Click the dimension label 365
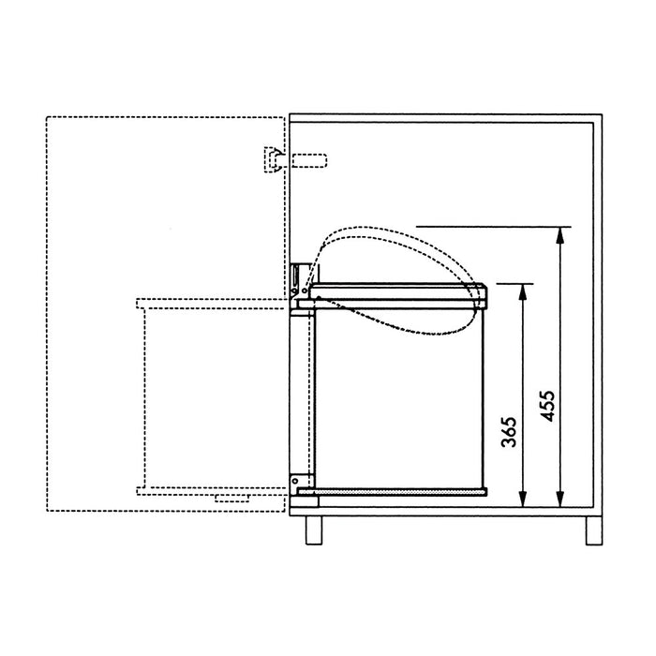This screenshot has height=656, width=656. [x=509, y=432]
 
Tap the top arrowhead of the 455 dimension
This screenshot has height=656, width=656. [x=560, y=235]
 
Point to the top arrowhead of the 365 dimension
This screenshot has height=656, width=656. [x=522, y=292]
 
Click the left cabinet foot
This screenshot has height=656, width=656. [x=314, y=530]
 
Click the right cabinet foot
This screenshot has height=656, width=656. [x=593, y=530]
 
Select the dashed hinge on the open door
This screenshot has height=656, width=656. [x=274, y=160]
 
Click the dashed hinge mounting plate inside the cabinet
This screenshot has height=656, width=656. [x=309, y=160]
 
